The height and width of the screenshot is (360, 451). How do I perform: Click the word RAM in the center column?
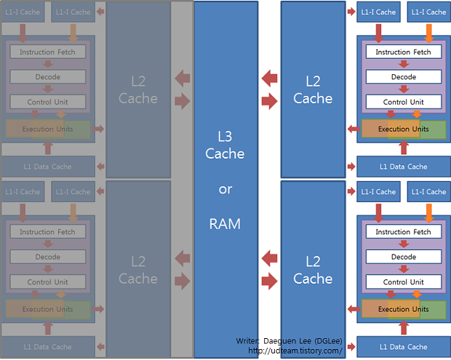225,224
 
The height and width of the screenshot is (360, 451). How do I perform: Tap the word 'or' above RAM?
225,189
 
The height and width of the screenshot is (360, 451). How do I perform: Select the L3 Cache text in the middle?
225,144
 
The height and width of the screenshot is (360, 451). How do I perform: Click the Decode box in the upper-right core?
403,76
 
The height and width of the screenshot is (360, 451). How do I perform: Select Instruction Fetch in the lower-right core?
403,232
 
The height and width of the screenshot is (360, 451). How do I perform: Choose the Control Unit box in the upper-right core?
403,102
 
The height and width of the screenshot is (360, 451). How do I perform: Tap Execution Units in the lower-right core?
403,309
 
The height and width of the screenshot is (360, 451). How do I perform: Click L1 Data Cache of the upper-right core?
403,167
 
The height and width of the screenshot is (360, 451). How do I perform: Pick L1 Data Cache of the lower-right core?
403,347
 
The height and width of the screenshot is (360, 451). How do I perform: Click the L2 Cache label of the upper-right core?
313,90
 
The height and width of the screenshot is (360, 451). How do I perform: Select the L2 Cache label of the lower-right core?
313,270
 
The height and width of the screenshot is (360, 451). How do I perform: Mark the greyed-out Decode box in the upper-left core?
47,76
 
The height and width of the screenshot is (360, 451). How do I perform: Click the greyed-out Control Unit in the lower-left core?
47,282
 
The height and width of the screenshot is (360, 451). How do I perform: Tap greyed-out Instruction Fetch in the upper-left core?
47,52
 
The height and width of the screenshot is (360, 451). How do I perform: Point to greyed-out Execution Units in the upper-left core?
47,129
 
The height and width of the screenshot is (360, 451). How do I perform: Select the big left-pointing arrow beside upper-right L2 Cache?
269,76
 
